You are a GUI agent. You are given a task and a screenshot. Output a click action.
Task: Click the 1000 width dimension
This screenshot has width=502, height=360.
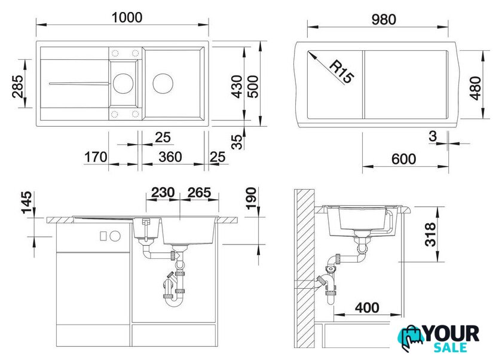(x=127, y=17)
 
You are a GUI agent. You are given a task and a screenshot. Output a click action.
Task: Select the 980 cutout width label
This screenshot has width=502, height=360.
(x=384, y=20)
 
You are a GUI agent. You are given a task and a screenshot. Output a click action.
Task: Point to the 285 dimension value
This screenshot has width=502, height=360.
(x=17, y=86)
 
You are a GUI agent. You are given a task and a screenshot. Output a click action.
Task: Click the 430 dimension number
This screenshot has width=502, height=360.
(x=237, y=87)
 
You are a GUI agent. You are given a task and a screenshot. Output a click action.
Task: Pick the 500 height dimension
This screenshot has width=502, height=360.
(x=253, y=87)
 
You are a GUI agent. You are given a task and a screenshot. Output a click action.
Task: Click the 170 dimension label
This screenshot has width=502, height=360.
(x=96, y=157)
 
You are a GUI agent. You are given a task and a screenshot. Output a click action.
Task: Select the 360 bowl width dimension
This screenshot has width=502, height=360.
(x=170, y=157)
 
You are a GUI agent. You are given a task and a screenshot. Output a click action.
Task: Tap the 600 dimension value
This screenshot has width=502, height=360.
(x=404, y=159)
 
